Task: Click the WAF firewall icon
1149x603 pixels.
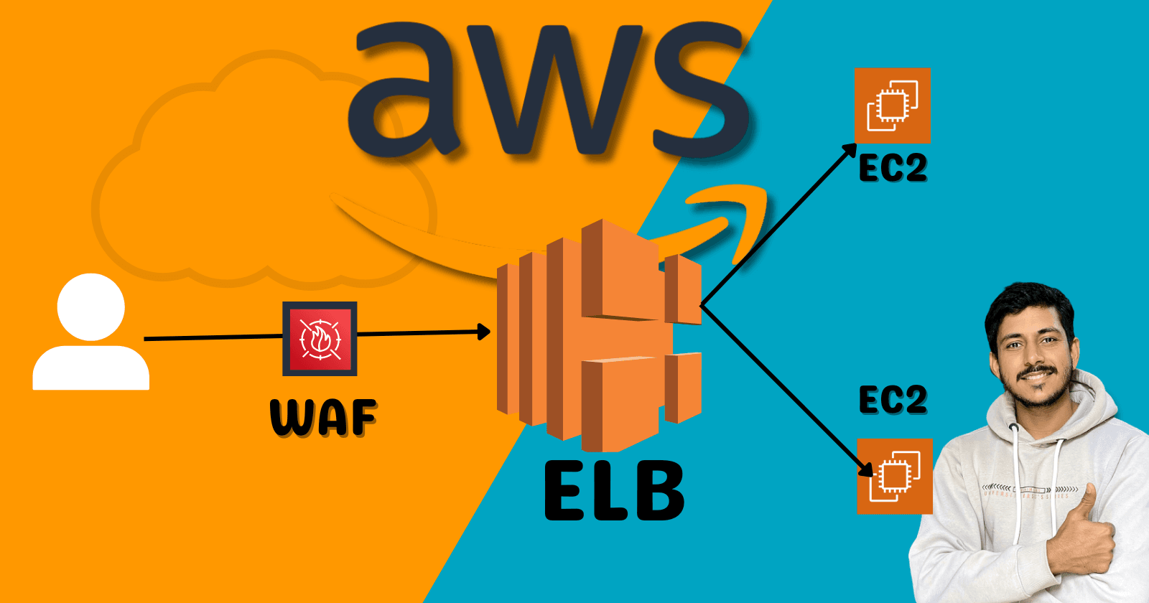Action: (320, 338)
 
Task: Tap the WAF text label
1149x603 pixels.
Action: (323, 418)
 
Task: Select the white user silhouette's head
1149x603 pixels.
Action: (91, 307)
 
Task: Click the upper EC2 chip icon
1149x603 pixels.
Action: (892, 106)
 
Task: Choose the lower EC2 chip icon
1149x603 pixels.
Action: (895, 476)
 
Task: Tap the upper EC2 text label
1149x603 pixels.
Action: (893, 169)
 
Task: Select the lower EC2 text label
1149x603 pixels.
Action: (893, 400)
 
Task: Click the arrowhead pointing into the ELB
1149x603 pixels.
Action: (484, 332)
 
